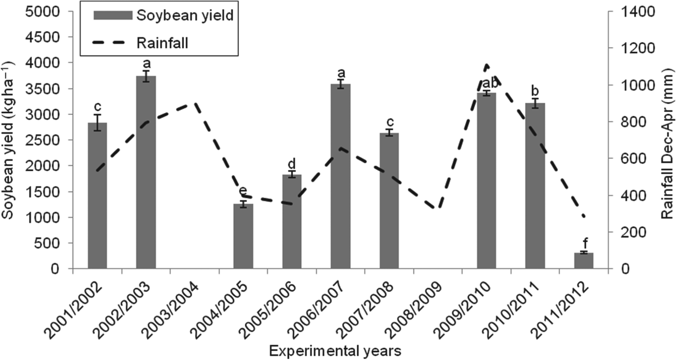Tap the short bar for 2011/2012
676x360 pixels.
583,261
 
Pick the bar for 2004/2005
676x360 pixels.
243,236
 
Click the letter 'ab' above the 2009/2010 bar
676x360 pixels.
487,83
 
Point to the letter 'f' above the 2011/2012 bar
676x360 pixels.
583,243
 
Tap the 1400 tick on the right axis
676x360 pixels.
634,11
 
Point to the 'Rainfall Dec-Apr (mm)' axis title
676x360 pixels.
666,140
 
